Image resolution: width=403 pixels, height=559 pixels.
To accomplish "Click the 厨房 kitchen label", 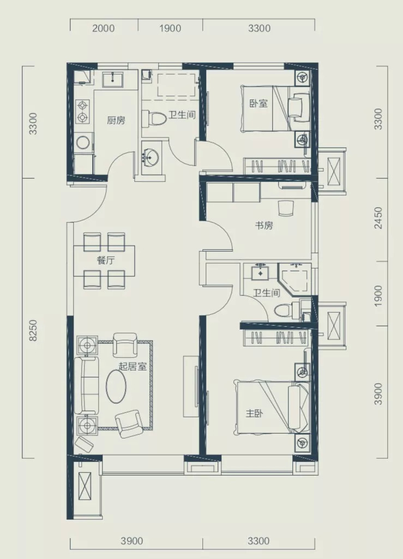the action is (116, 120).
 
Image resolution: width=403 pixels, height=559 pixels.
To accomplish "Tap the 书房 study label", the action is (264, 226).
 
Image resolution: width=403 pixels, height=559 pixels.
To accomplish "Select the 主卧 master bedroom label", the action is (255, 414).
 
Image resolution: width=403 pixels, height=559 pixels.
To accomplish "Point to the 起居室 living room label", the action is (133, 367).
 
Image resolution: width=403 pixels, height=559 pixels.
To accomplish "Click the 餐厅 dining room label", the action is (106, 260).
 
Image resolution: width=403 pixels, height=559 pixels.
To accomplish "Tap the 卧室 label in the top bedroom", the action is (258, 104).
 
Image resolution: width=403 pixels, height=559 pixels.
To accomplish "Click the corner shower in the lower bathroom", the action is (294, 280).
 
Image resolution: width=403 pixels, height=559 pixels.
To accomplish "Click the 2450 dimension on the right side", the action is (378, 218).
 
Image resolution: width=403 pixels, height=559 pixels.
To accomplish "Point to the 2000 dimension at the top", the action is (104, 28).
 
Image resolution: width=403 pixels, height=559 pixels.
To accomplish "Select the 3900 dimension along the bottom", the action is (132, 541).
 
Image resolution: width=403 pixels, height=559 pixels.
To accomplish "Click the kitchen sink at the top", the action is (113, 80).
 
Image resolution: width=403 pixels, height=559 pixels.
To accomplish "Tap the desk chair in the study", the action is (286, 208).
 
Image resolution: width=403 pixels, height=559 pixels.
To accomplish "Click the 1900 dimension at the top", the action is (170, 28).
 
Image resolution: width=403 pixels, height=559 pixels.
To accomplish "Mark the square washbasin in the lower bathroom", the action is (261, 272).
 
